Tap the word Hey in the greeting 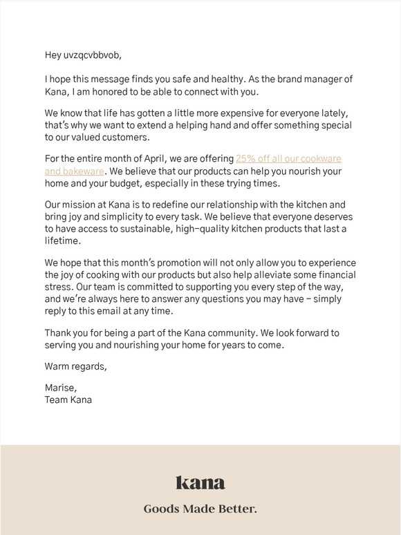[x=54, y=55]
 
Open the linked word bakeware [x=84, y=171]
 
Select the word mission [x=82, y=205]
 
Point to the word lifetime [x=63, y=241]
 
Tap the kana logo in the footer [x=200, y=482]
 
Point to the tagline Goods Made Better [x=200, y=509]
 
